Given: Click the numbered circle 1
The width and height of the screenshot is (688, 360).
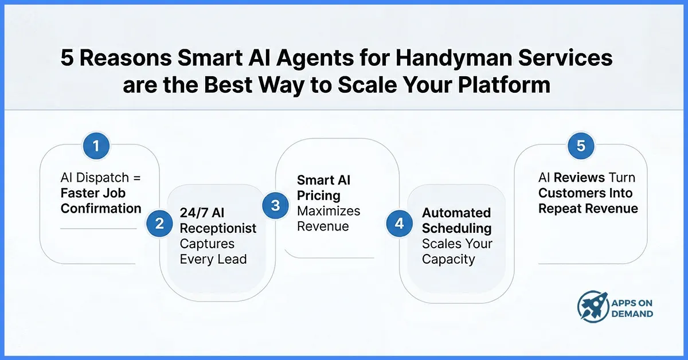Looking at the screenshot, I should point(96,146).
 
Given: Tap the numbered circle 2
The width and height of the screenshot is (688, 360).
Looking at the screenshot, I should point(159,223).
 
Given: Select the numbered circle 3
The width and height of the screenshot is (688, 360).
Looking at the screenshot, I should point(276,205).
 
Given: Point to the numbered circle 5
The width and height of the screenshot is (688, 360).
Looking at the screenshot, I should point(581,146).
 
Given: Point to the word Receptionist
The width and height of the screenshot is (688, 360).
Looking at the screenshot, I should point(218,228).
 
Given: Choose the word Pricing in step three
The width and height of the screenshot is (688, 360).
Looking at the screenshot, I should point(319,195).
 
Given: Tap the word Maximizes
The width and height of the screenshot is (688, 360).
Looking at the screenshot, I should point(329,211).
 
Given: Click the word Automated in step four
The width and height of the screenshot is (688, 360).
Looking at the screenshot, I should point(456,213).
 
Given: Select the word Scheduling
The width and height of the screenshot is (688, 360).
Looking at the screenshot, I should point(457,228).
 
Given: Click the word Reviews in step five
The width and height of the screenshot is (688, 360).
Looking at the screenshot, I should point(578,178).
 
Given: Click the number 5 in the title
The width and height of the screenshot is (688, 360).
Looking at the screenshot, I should point(68,59).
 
